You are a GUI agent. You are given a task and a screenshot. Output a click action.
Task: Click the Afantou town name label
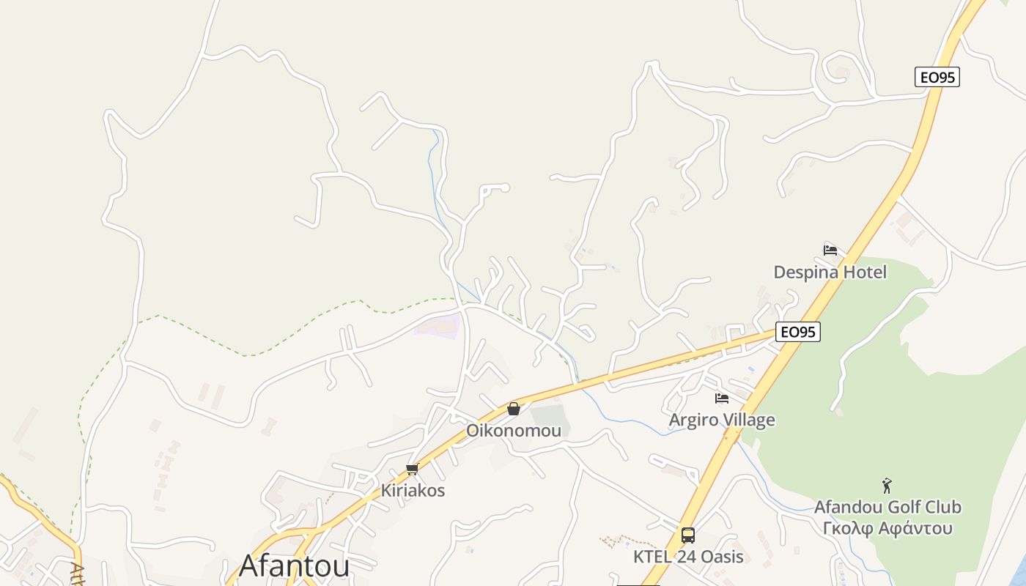(294, 565)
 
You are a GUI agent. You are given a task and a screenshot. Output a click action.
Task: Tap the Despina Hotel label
(830, 272)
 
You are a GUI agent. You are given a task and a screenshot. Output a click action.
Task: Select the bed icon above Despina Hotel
(830, 250)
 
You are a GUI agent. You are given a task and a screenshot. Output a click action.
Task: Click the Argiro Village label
(722, 420)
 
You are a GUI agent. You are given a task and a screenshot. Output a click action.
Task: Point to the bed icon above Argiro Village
(722, 398)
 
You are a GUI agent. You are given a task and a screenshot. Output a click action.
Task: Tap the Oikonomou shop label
(514, 431)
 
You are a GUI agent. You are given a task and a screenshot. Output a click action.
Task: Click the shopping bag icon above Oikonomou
(514, 409)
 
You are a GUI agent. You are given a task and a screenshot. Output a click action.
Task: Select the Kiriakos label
(413, 491)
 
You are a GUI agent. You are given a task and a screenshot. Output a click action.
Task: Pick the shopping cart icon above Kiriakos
(412, 470)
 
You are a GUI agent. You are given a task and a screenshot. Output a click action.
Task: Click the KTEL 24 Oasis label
(688, 557)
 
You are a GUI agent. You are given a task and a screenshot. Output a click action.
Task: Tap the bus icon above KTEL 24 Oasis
(688, 535)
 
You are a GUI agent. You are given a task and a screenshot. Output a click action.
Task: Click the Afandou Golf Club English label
(887, 507)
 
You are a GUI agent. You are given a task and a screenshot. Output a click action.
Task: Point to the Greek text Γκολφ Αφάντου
(887, 528)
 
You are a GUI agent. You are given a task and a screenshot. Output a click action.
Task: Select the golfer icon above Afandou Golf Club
(887, 486)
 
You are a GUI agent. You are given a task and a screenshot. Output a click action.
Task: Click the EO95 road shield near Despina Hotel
(798, 332)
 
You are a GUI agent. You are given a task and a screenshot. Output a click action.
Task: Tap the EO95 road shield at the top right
(937, 77)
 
